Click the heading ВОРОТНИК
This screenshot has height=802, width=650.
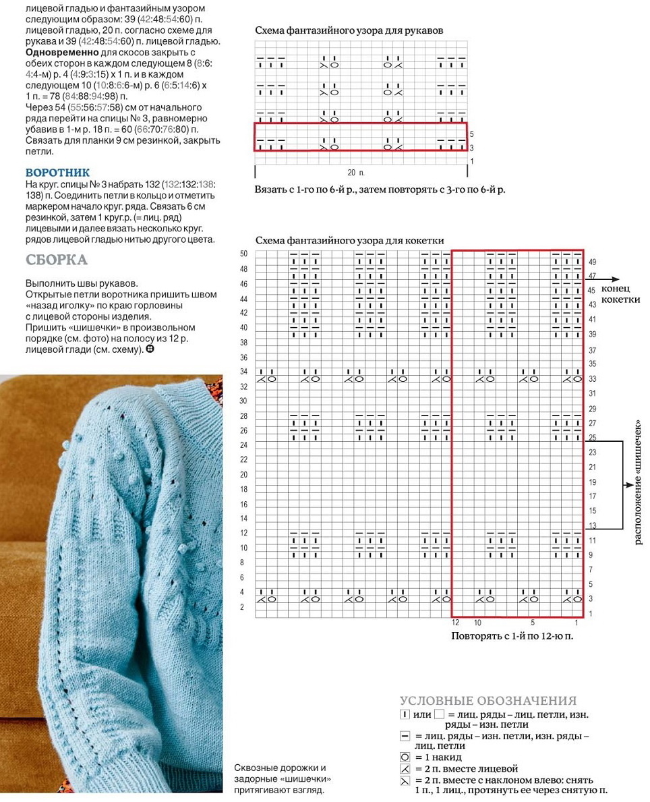(57, 173)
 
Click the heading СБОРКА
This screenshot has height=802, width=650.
(57, 260)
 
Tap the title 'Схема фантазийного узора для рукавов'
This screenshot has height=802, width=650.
(349, 30)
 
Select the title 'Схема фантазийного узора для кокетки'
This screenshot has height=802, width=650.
(350, 240)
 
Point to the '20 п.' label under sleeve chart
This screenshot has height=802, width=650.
(355, 173)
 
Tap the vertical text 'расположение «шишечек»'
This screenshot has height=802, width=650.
(637, 482)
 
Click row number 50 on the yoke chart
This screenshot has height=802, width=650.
(243, 254)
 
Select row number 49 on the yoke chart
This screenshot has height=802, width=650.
(593, 262)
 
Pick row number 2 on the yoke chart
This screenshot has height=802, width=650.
(243, 607)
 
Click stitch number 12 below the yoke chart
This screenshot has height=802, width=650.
(455, 623)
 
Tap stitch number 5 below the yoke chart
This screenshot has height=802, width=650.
(533, 623)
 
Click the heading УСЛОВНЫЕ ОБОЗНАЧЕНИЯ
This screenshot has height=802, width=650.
(488, 701)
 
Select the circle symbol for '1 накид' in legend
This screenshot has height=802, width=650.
(405, 757)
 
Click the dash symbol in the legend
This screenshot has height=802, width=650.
(405, 736)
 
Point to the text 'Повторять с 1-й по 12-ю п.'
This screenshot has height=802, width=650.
(516, 635)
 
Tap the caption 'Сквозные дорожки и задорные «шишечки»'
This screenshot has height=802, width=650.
(284, 774)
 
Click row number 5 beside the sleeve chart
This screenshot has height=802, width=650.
(471, 134)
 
